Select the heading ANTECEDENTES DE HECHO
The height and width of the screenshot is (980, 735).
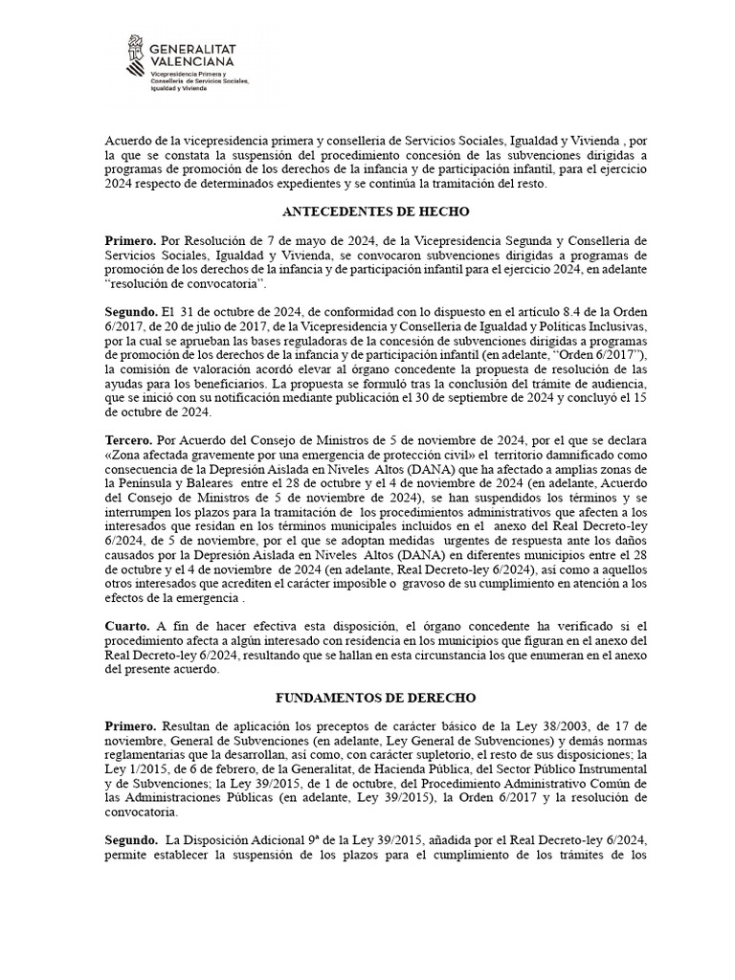point(367,212)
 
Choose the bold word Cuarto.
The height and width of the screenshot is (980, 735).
point(127,625)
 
